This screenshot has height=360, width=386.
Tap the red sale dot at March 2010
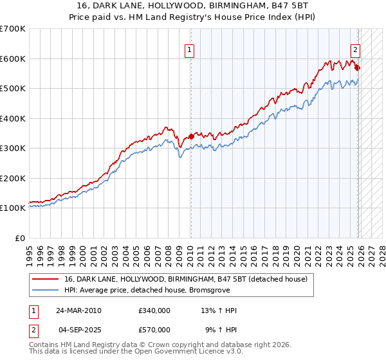coord(191,136)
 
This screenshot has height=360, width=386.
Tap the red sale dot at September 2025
coord(358,67)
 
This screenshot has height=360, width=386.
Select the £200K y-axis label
coord(14,178)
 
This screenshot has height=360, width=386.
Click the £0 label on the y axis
coord(21,238)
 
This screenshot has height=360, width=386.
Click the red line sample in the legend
coord(46,279)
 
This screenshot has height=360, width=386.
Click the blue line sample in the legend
coord(46,290)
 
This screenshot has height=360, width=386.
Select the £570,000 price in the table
coord(154,330)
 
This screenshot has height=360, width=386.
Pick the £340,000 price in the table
coord(154,310)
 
